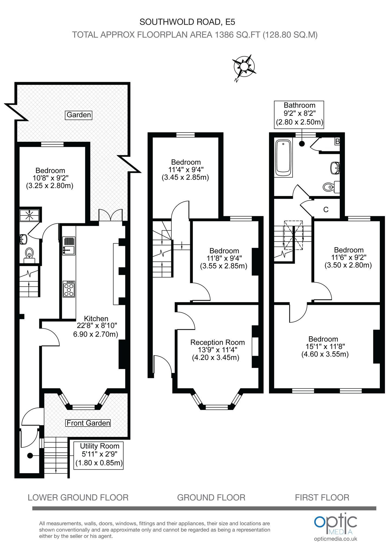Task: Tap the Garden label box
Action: pos(79,115)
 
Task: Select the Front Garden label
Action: pos(88,423)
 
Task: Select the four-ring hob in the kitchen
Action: pos(69,289)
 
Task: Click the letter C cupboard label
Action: pos(326,209)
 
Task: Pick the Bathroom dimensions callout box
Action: pos(299,114)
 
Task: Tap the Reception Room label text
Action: pos(218,342)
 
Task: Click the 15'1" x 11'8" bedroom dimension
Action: pos(325,347)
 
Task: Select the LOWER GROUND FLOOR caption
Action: pos(78,497)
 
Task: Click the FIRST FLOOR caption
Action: pos(322,497)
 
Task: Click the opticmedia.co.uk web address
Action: pos(336,538)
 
